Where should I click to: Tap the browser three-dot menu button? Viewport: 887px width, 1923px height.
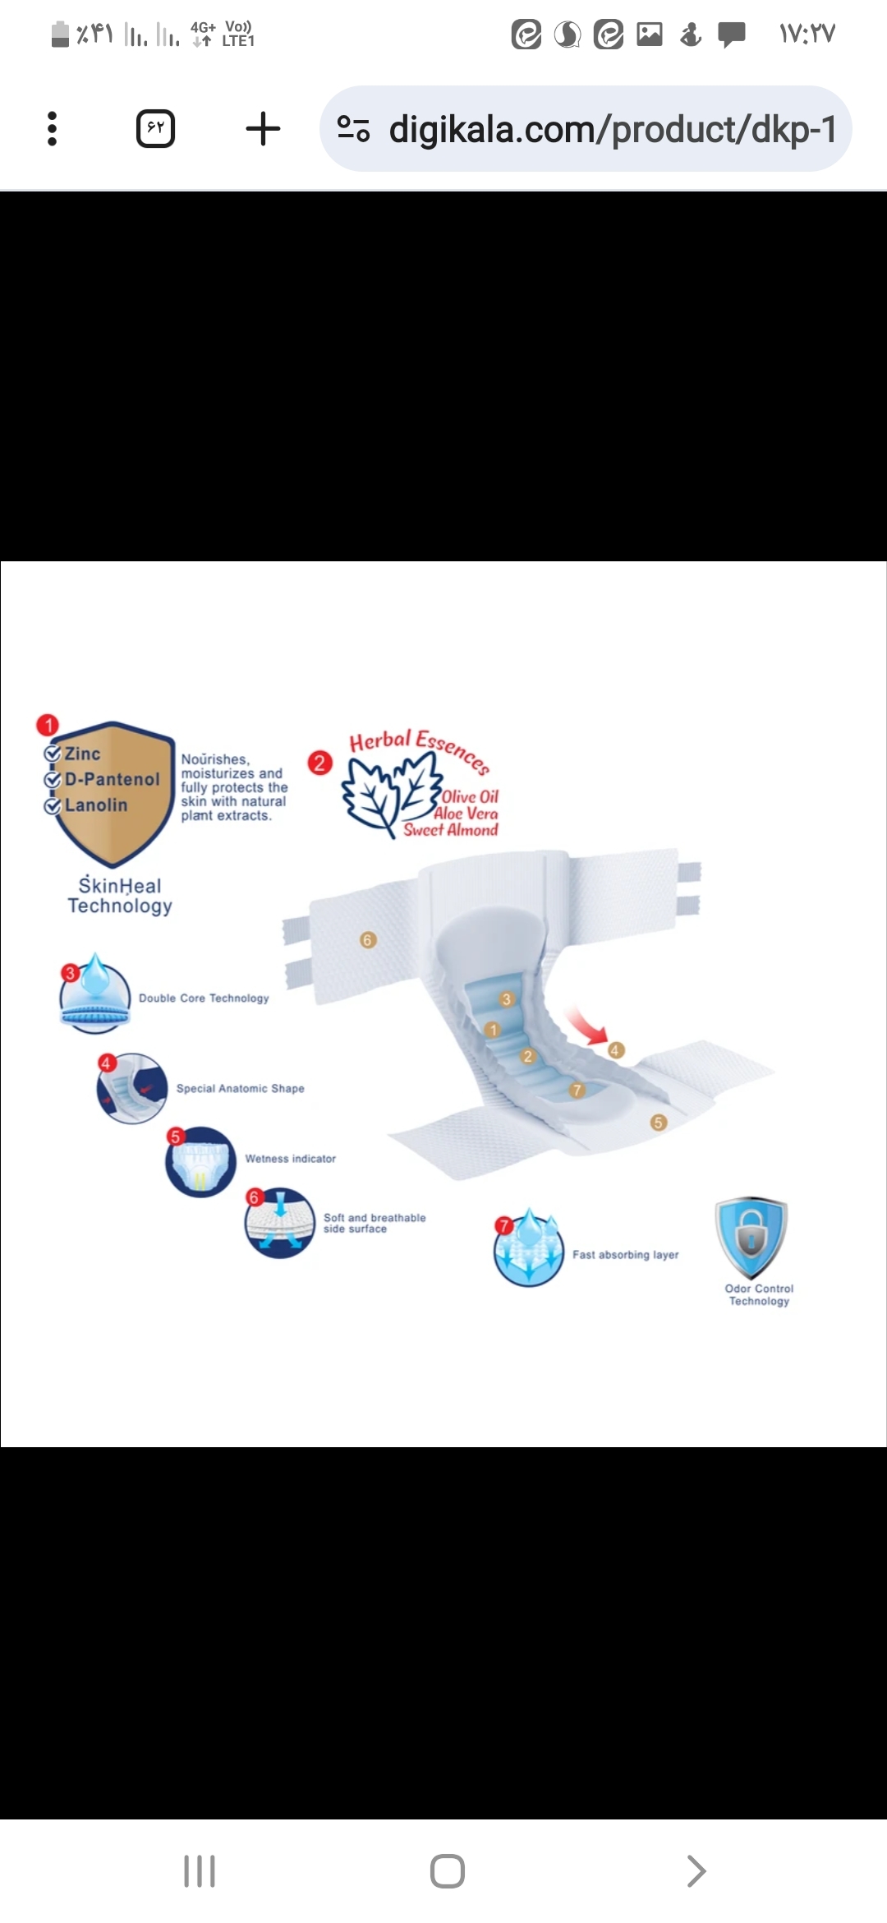click(52, 129)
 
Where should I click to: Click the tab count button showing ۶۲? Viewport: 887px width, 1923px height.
click(155, 129)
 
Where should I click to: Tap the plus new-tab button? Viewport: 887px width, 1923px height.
click(263, 129)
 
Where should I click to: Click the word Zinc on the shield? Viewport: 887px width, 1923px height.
click(82, 754)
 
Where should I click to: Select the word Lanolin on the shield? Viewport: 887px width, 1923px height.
click(96, 805)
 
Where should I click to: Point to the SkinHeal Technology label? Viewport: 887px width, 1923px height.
click(120, 896)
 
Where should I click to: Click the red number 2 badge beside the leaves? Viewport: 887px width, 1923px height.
click(319, 763)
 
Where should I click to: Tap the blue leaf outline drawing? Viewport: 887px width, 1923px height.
click(390, 793)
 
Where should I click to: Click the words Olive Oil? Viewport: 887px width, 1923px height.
click(470, 796)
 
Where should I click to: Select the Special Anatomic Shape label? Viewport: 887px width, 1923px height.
click(240, 1088)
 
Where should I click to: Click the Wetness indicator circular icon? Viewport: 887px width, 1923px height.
click(200, 1162)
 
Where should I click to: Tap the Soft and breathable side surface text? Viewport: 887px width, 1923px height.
click(375, 1223)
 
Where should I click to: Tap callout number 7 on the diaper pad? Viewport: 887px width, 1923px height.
click(577, 1091)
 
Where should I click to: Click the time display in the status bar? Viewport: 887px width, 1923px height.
click(807, 34)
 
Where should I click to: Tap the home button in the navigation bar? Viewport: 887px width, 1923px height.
click(448, 1871)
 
